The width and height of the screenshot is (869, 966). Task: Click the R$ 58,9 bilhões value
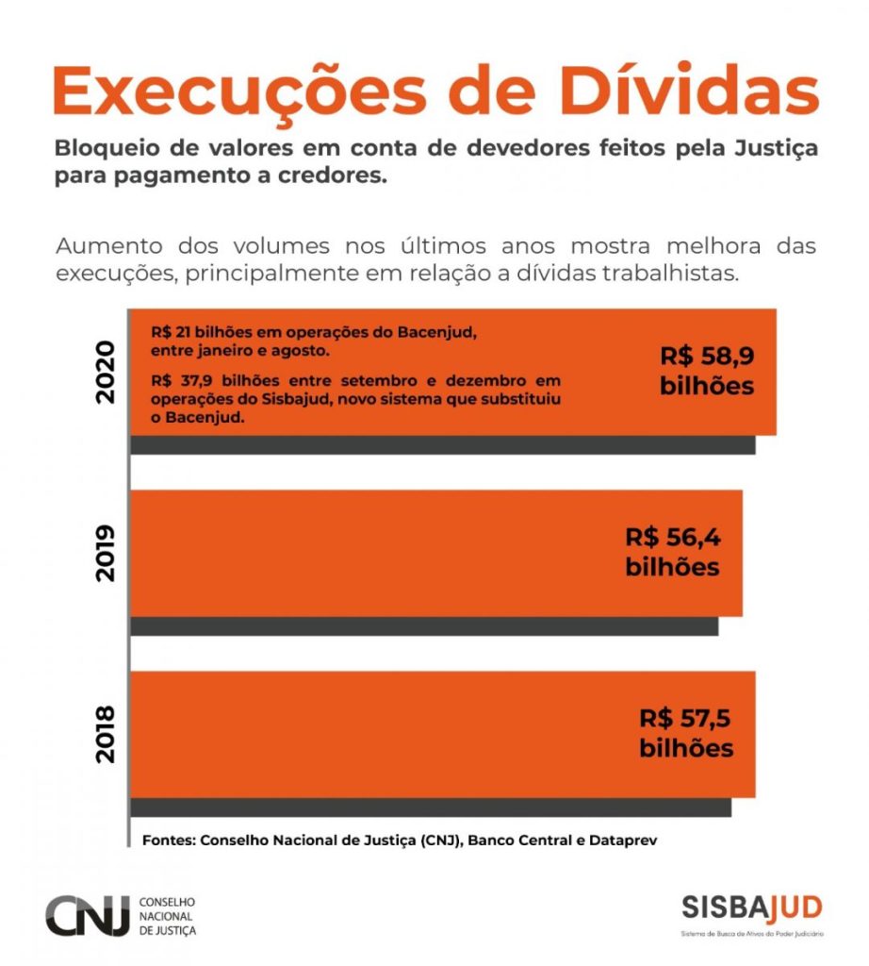706,372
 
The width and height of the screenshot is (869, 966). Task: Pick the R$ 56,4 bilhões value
672,553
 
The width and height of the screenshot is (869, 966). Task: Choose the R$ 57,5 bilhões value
686,733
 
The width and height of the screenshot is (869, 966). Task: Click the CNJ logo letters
88,916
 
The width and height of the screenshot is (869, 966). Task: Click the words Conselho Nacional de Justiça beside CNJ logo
167,916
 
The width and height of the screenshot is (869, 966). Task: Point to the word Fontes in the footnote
167,838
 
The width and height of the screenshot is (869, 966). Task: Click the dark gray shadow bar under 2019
424,625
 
